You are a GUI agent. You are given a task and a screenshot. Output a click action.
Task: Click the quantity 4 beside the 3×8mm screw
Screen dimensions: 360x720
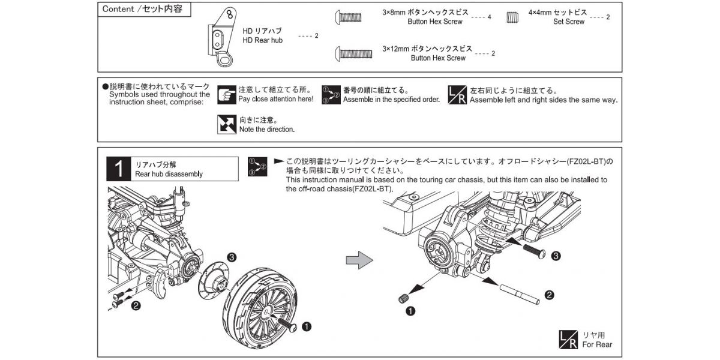(x=489, y=17)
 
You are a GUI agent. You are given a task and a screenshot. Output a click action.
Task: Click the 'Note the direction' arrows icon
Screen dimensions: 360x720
(x=226, y=124)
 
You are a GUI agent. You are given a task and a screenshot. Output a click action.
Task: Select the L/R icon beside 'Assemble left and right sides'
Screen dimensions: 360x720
(x=458, y=94)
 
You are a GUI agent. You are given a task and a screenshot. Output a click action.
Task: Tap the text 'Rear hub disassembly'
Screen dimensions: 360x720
(x=169, y=174)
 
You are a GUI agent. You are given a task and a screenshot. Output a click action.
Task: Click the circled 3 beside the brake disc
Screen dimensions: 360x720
(x=231, y=256)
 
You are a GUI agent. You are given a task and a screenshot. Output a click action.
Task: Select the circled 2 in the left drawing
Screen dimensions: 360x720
(x=136, y=306)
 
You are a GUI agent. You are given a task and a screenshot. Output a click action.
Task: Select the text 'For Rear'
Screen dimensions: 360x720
(x=597, y=344)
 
